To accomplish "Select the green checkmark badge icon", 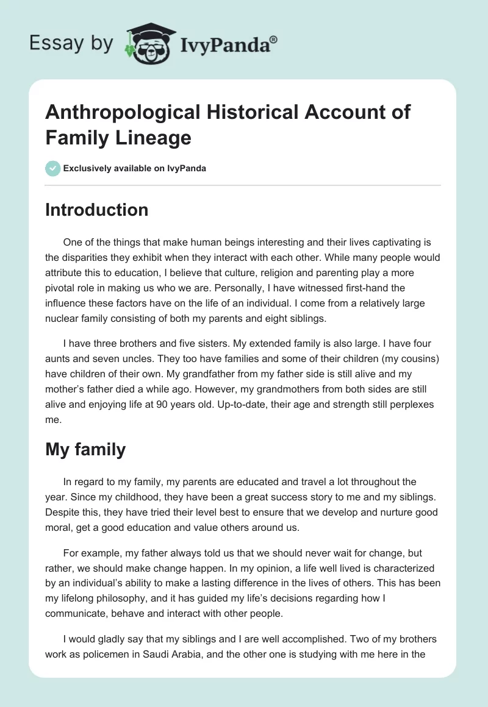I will tap(53, 168).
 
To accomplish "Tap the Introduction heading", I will tap(96, 210).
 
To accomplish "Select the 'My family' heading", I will tap(85, 449).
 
